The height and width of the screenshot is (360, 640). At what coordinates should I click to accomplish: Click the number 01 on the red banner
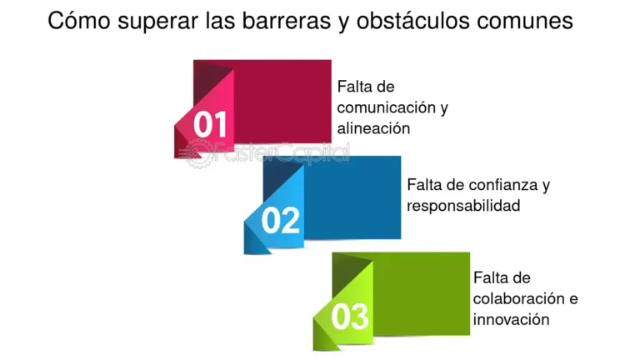pyautogui.click(x=210, y=125)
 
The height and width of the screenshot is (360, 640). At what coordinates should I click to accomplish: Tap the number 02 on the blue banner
pyautogui.click(x=280, y=221)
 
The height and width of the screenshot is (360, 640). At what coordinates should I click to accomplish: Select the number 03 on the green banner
pyautogui.click(x=349, y=317)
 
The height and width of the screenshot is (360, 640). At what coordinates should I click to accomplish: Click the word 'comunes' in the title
pyautogui.click(x=526, y=21)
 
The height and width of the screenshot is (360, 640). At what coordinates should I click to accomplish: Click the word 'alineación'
pyautogui.click(x=374, y=129)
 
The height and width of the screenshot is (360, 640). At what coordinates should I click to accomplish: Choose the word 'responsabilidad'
pyautogui.click(x=463, y=205)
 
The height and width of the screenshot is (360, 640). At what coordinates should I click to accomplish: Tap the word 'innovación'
pyautogui.click(x=511, y=319)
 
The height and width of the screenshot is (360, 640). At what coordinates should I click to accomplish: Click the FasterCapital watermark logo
pyautogui.click(x=267, y=154)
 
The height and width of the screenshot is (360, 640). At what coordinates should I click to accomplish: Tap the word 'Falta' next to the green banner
pyautogui.click(x=490, y=277)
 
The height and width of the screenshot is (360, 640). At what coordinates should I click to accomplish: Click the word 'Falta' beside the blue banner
pyautogui.click(x=424, y=184)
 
